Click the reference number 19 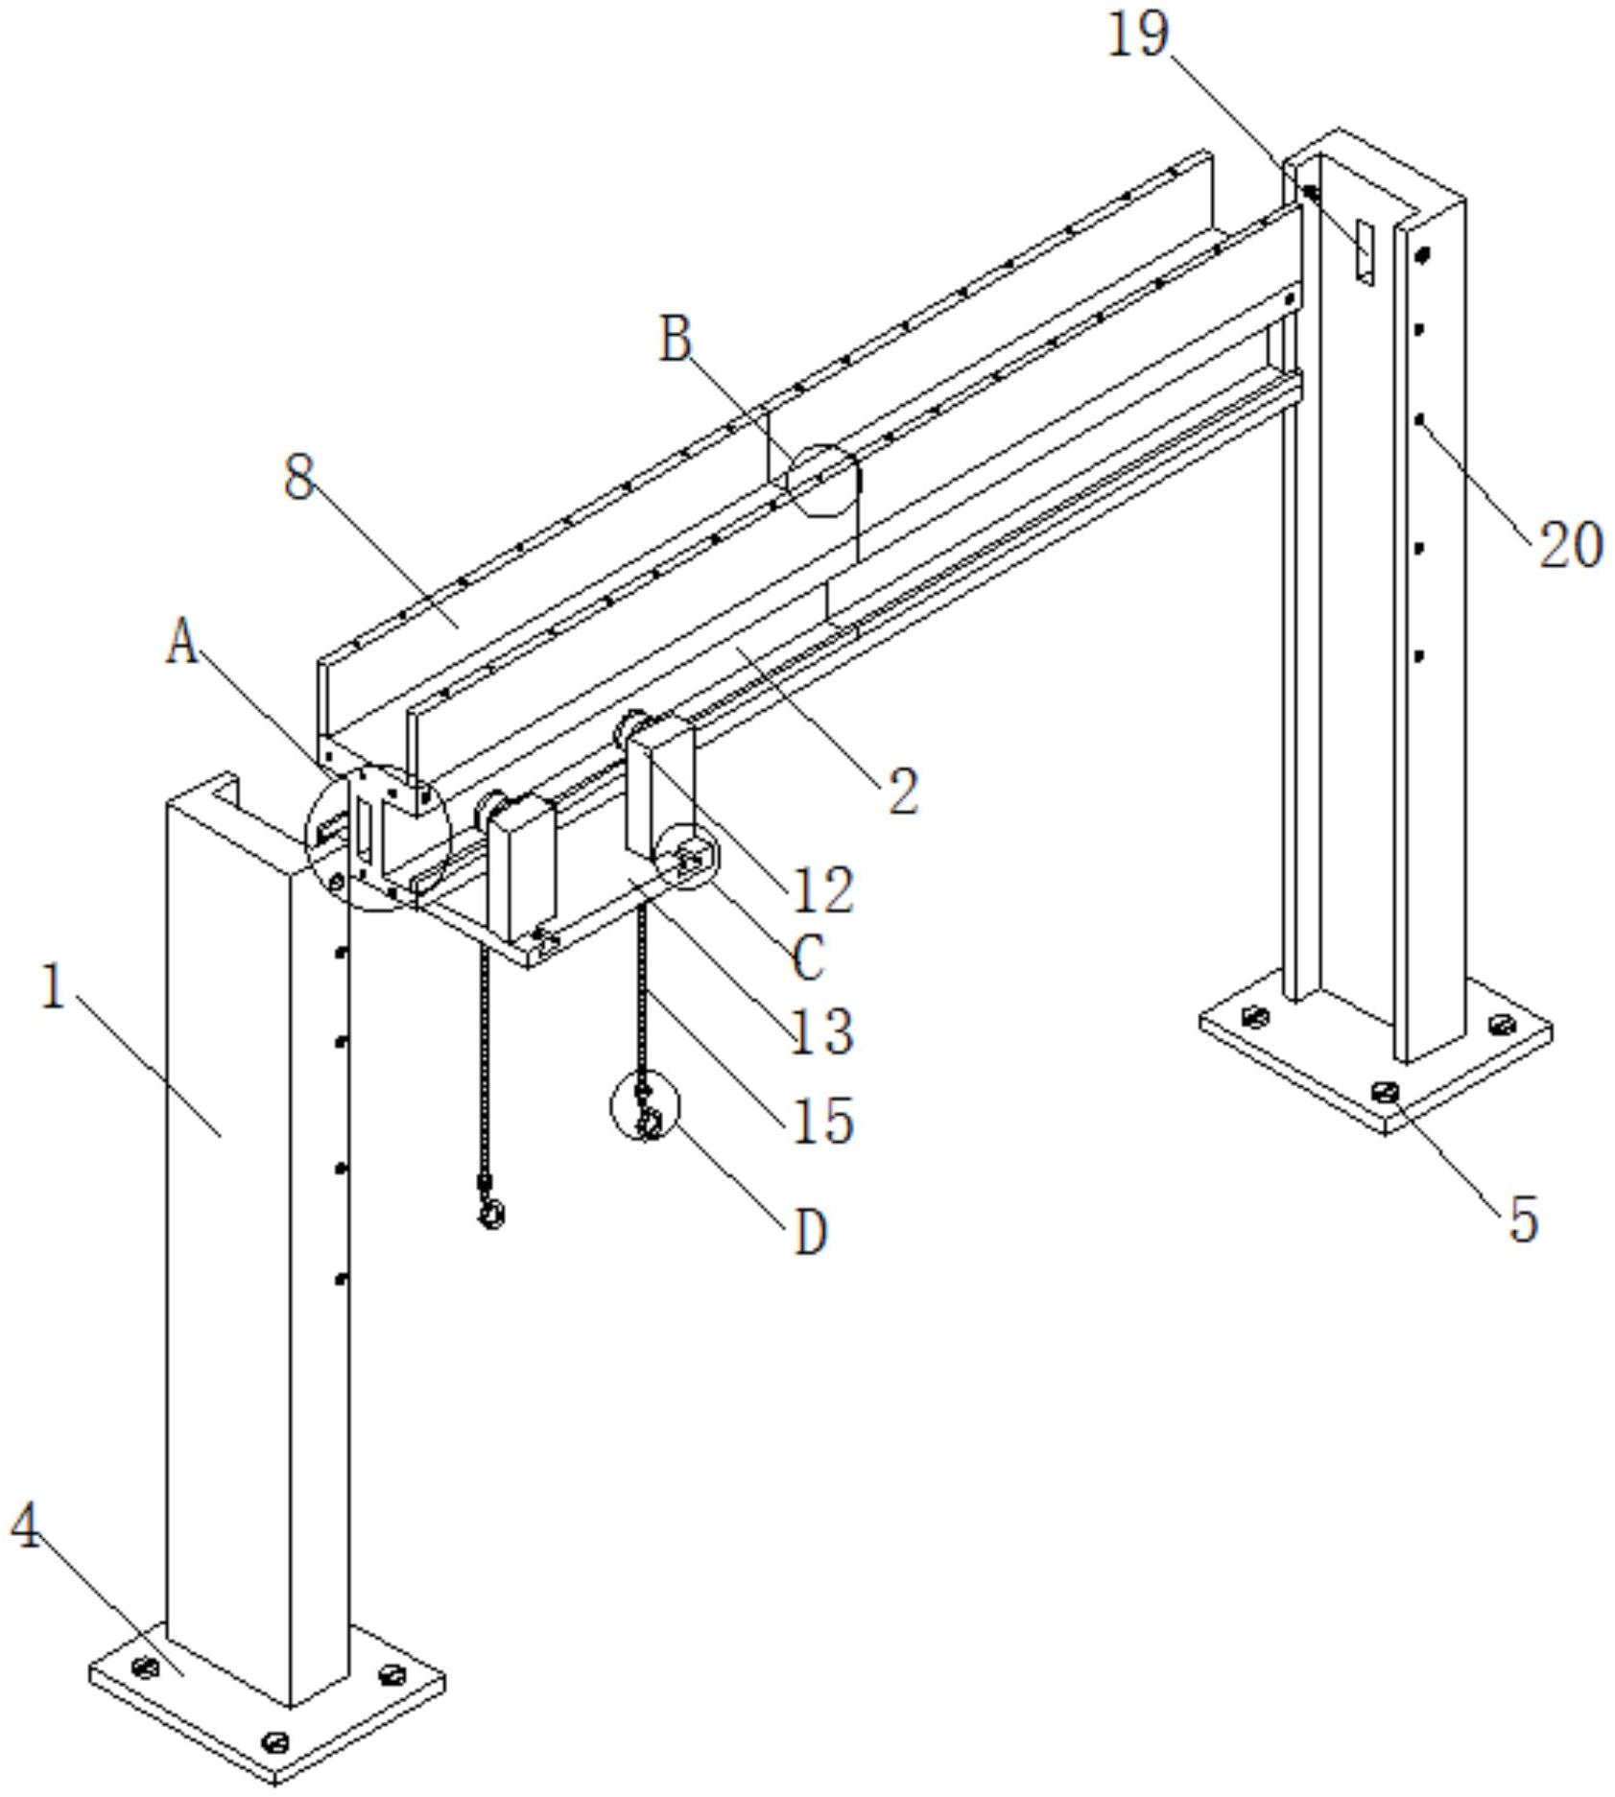click(1139, 35)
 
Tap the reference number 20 click(1571, 546)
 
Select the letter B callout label click(676, 340)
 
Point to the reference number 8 click(299, 477)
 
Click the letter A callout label click(182, 641)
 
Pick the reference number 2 click(903, 792)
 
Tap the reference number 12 click(822, 889)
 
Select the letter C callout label click(808, 958)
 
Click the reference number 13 click(821, 1032)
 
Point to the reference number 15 click(822, 1121)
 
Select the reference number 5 click(1524, 1219)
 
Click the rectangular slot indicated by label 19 click(1365, 251)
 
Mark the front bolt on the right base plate click(1386, 1091)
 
